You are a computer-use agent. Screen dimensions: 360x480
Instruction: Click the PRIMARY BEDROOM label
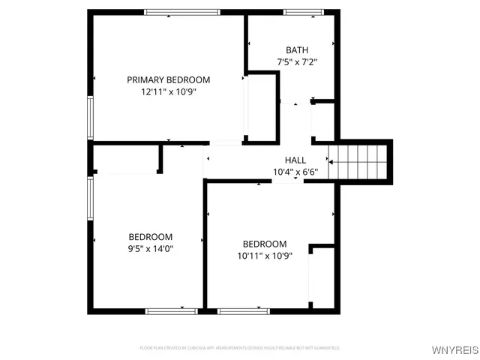(x=168, y=79)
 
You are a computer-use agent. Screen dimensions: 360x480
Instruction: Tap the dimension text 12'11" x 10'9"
(x=168, y=92)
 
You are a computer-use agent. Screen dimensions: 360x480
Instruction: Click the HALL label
(x=295, y=160)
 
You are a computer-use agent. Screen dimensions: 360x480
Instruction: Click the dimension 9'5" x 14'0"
(x=150, y=249)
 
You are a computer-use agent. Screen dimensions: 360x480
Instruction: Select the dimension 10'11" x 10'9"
(x=264, y=256)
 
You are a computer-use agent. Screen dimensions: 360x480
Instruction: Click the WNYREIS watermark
(x=453, y=350)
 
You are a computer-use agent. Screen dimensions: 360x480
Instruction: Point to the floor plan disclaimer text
(x=240, y=348)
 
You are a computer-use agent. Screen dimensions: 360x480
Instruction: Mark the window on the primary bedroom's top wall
(x=182, y=12)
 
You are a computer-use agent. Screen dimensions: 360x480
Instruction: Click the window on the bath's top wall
(x=304, y=12)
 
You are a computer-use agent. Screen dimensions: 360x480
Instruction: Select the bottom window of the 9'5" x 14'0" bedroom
(x=172, y=310)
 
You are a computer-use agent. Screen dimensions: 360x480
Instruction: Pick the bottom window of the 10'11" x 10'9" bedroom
(x=243, y=310)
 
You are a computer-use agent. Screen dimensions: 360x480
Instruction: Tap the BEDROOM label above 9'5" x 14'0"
(x=150, y=236)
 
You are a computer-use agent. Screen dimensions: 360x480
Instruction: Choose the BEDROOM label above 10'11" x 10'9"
(x=264, y=244)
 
